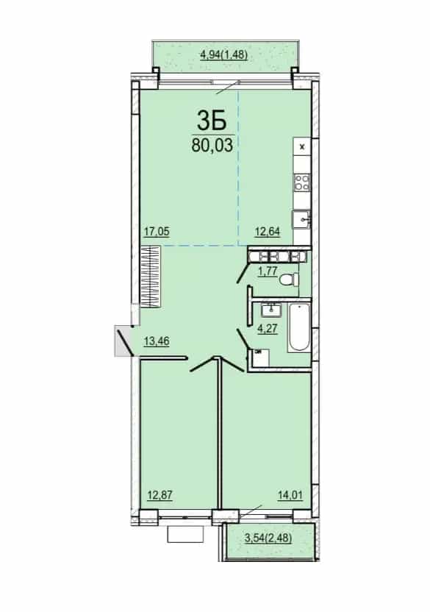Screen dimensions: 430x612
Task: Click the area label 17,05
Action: (x=157, y=232)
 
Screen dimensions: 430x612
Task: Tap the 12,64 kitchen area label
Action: (x=268, y=232)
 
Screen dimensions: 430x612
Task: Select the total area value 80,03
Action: (x=212, y=145)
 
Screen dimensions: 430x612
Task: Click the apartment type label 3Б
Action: (x=212, y=120)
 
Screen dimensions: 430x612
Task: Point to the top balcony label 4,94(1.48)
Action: (x=224, y=54)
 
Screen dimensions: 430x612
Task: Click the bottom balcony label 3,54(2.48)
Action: (x=268, y=538)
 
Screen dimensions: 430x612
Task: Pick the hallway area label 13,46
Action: (x=157, y=341)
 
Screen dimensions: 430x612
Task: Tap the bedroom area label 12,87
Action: (x=160, y=495)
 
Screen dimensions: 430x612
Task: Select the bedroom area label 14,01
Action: (x=290, y=495)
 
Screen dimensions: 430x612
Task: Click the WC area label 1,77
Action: (x=268, y=271)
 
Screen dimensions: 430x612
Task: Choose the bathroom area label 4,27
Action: (x=267, y=328)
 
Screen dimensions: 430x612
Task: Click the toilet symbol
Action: (x=289, y=280)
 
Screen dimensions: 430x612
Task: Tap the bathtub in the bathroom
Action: (x=299, y=328)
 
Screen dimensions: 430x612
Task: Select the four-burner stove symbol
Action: (x=302, y=182)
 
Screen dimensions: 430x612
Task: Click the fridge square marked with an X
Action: (x=302, y=147)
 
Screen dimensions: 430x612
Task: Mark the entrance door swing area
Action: (x=123, y=341)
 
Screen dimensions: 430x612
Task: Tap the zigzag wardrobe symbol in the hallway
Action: (x=150, y=277)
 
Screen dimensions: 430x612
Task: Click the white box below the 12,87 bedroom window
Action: (x=186, y=534)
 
